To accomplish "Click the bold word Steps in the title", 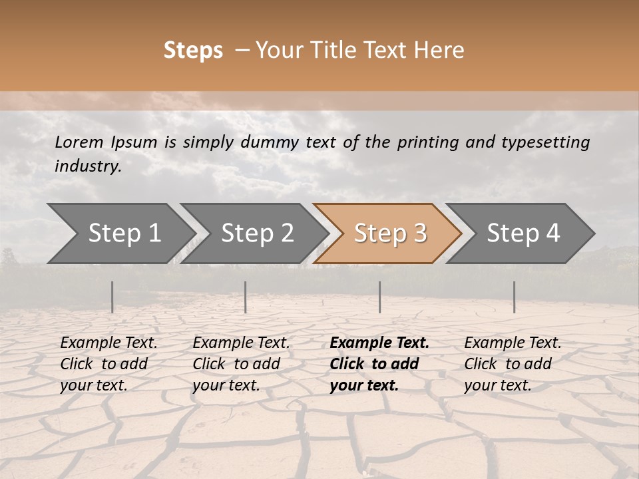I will click(x=193, y=51).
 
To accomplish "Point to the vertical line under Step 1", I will click(x=112, y=297).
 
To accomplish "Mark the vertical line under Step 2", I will click(x=246, y=297).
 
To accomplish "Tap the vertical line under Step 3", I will click(x=379, y=297).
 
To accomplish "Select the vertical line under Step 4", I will click(x=514, y=297).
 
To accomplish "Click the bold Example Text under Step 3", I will click(x=379, y=343).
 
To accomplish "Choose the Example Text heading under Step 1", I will click(x=108, y=343).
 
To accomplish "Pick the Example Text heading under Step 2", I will click(x=241, y=343).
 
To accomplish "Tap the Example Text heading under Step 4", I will click(x=513, y=343).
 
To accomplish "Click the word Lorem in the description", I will click(x=79, y=142).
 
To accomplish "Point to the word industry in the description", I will click(x=88, y=166).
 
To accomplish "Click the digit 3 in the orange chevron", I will click(x=419, y=234).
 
